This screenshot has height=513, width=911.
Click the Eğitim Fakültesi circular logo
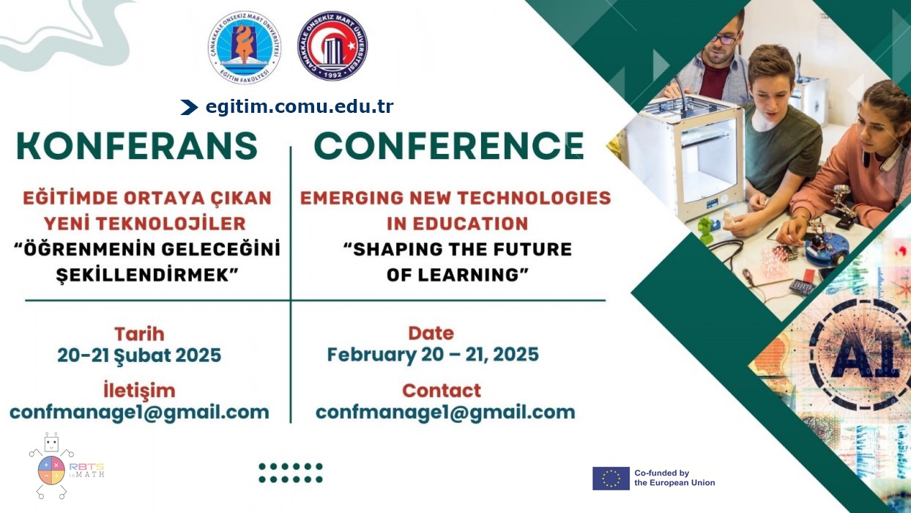coord(245,47)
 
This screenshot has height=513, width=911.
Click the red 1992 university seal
coord(332,45)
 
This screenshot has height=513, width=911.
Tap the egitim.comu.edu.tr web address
coord(300,107)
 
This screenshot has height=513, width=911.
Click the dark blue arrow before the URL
coord(189,107)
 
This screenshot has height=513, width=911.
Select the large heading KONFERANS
coord(137,145)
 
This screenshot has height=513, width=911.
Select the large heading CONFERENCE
coord(449,145)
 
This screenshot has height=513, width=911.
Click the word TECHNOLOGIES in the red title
coord(535,199)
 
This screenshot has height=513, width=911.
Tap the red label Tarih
coord(139,334)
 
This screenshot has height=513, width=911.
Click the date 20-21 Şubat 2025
coord(139,355)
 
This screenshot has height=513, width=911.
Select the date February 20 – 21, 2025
coord(433,355)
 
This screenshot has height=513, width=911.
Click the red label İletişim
coord(139,390)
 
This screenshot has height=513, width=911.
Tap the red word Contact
coord(442,391)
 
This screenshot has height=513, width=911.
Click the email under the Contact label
coord(445,413)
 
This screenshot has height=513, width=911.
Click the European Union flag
coord(611,479)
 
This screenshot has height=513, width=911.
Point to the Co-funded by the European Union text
coord(674,478)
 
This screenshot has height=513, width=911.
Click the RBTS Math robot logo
coord(65,466)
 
